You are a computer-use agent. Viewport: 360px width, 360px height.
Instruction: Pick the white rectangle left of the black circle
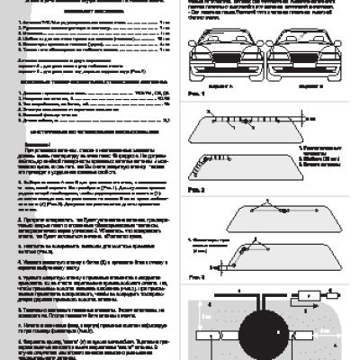216,330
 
